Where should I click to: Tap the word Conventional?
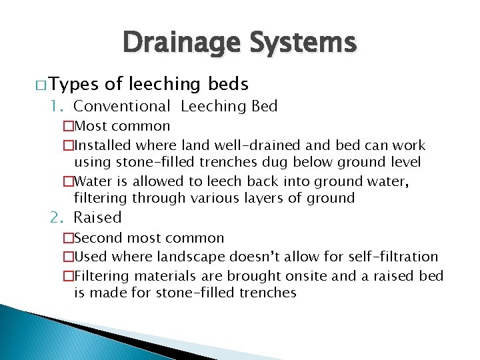(x=122, y=106)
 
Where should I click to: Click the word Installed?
(x=103, y=145)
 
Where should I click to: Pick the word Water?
(x=94, y=182)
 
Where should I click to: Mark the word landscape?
(x=189, y=257)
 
